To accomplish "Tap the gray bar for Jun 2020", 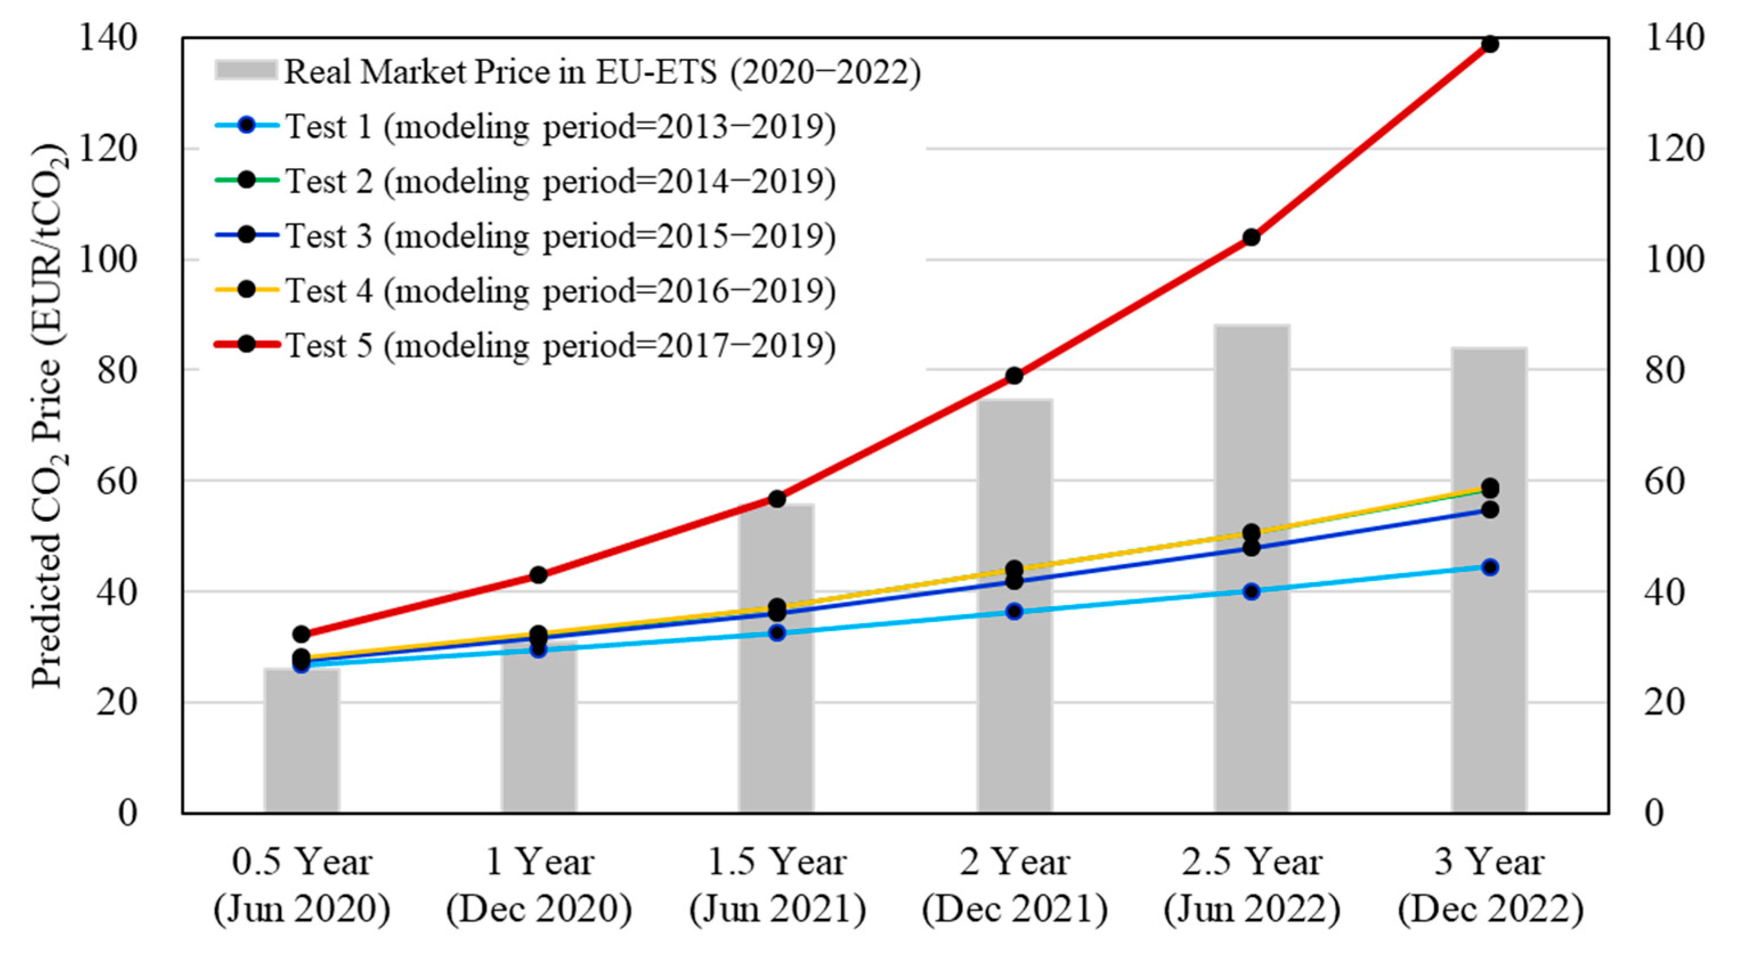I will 302,742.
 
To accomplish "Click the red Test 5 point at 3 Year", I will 1489,44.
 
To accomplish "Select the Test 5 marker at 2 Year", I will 1014,375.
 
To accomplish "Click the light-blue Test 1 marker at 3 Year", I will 1489,567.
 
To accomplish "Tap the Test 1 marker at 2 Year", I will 1014,612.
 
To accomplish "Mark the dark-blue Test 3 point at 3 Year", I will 1489,510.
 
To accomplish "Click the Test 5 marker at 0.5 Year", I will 302,634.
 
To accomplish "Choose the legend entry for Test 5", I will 526,345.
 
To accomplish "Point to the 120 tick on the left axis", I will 108,148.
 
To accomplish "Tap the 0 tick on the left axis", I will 128,813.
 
